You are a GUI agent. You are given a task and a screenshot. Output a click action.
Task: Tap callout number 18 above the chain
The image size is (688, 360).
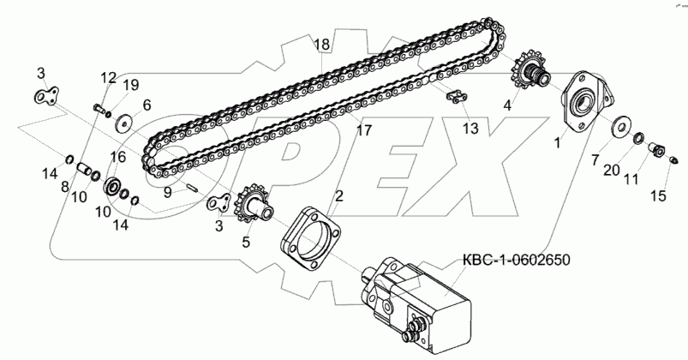tap(320, 45)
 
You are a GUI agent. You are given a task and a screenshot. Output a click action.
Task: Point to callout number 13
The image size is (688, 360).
tap(470, 129)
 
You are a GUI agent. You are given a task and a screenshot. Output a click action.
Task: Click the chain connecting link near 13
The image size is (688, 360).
tap(454, 99)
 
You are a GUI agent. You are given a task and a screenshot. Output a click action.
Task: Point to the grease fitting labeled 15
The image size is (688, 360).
tap(673, 160)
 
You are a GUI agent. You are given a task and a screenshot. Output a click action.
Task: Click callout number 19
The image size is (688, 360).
tap(130, 84)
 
